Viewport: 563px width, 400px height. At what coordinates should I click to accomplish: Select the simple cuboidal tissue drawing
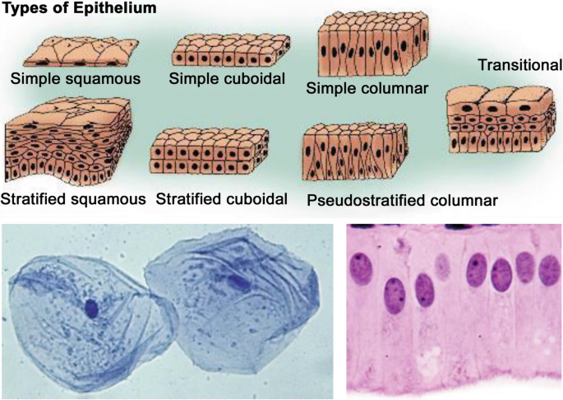coord(229,51)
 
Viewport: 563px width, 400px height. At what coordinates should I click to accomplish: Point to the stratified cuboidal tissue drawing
coord(209,151)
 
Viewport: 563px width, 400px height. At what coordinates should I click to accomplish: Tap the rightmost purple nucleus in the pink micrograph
coord(548,269)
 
